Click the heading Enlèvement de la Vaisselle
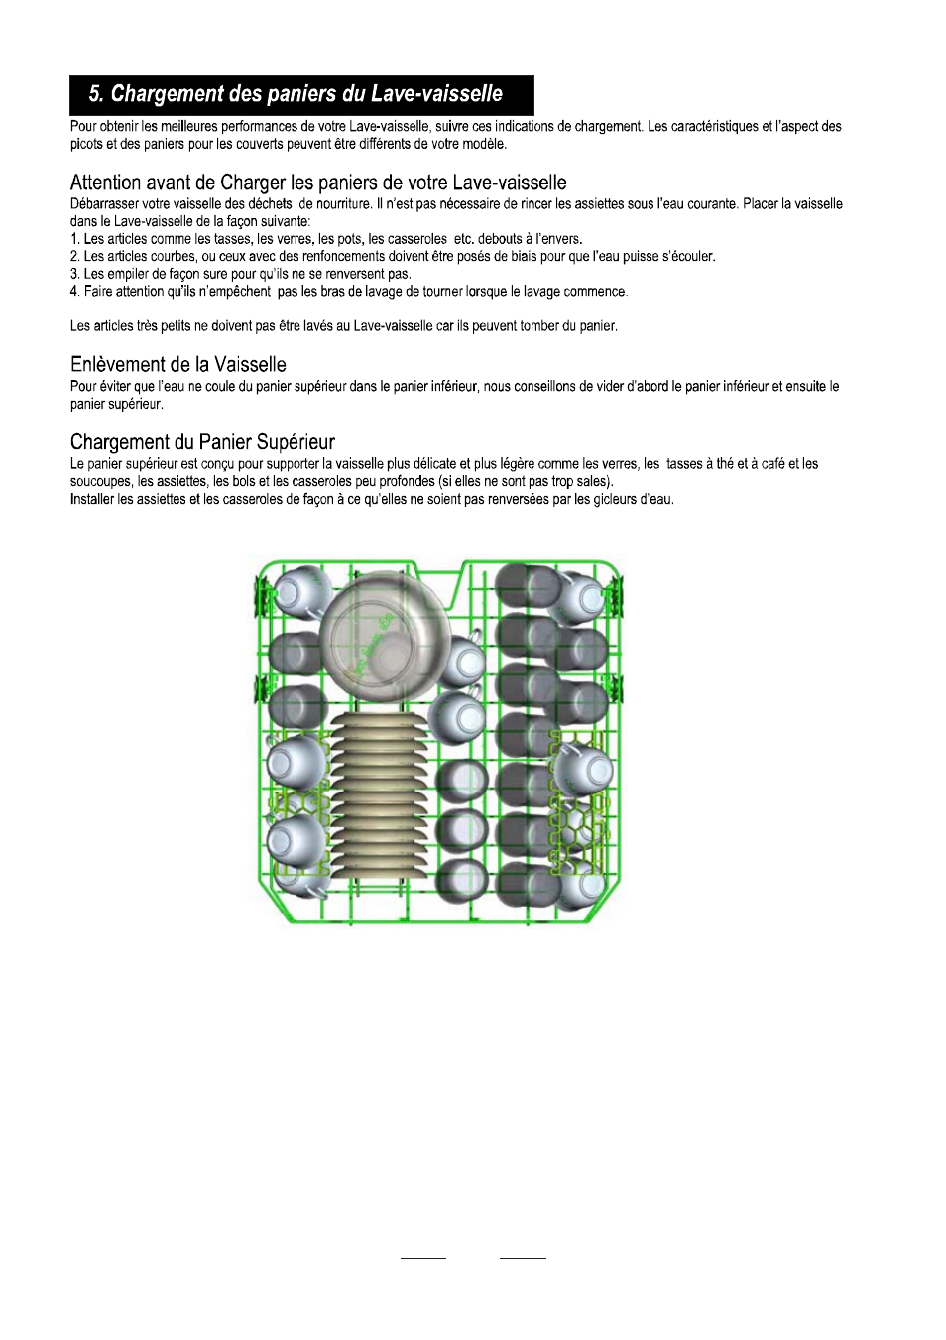(x=178, y=364)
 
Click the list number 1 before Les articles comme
(x=74, y=239)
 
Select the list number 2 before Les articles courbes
(x=74, y=257)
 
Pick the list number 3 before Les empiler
(x=74, y=274)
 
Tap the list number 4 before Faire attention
(x=74, y=292)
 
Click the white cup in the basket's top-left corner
(x=300, y=591)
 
